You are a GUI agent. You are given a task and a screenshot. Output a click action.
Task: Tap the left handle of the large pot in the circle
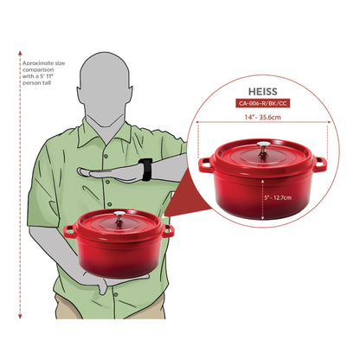coord(205,163)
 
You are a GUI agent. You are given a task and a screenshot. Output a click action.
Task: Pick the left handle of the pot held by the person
coord(68,229)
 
